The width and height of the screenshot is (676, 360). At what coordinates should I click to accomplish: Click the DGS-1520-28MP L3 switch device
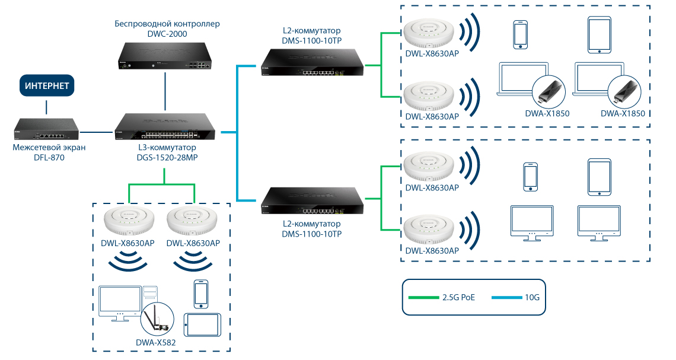pos(167,127)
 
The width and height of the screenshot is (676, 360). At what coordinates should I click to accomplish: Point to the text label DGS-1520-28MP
pos(167,158)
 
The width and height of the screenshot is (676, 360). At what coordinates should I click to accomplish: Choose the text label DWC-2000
pos(167,34)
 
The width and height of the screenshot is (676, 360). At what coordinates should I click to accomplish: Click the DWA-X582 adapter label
pos(156,342)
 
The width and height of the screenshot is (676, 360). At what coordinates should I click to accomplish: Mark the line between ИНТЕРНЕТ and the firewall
pos(47,107)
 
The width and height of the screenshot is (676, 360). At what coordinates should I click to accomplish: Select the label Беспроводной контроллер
pos(167,24)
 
